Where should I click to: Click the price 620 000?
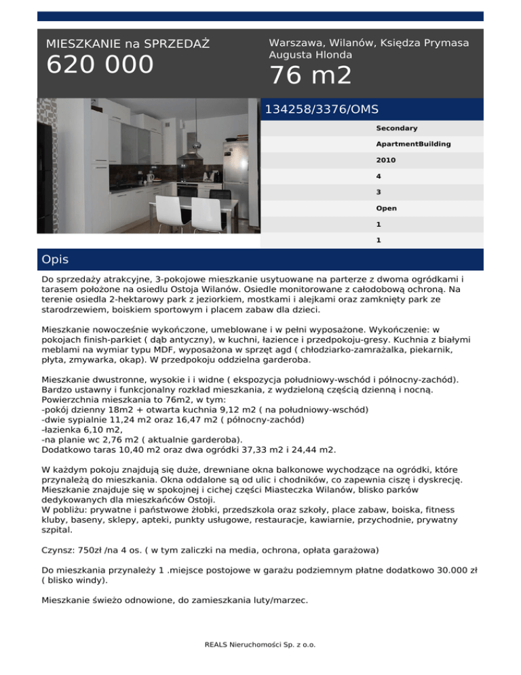point(100,65)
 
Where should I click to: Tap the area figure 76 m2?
point(310,76)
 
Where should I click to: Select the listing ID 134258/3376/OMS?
point(321,109)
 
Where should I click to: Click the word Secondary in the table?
point(396,128)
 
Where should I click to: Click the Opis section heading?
point(54,260)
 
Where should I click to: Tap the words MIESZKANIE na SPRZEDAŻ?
point(128,44)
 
